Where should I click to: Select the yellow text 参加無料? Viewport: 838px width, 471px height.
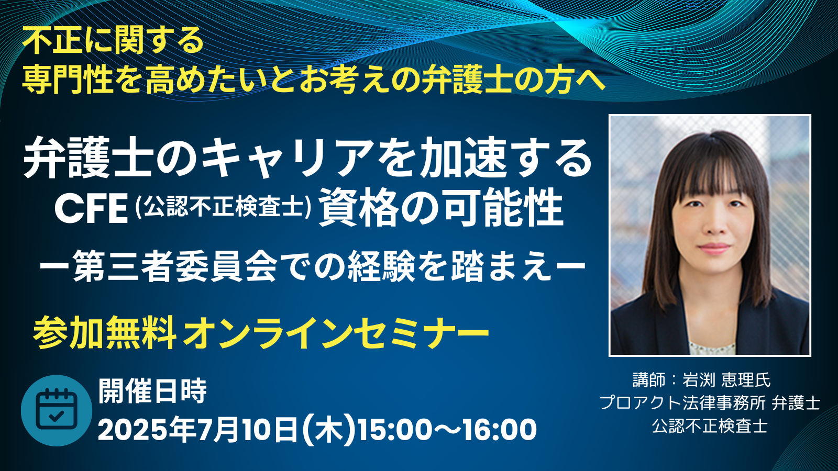coord(105,332)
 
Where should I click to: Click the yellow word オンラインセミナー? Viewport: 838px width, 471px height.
coord(336,332)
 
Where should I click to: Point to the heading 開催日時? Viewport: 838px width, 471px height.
coord(152,391)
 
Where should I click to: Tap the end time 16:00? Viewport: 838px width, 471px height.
coord(500,430)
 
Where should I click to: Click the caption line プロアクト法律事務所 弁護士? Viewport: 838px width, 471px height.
coord(710,403)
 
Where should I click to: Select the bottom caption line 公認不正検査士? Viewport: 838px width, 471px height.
coord(710,426)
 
